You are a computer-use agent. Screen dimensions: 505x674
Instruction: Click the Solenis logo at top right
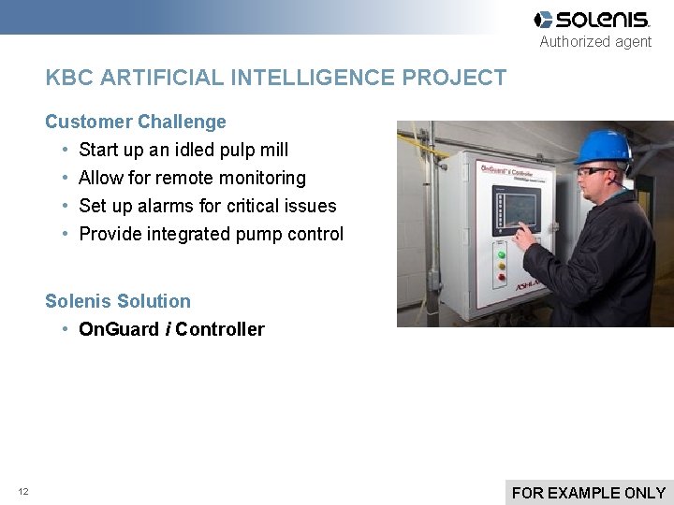592,20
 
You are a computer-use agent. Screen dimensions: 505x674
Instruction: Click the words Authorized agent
595,42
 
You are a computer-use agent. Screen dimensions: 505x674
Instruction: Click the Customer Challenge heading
136,122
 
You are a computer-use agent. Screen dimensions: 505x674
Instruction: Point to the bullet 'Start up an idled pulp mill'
183,150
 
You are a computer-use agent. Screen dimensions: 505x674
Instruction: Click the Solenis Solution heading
118,301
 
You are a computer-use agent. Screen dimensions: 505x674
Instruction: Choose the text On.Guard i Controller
171,329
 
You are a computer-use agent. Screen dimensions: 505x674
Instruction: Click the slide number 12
23,492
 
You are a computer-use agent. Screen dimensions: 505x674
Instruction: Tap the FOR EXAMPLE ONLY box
589,492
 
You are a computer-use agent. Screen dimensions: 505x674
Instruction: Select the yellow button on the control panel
502,266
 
